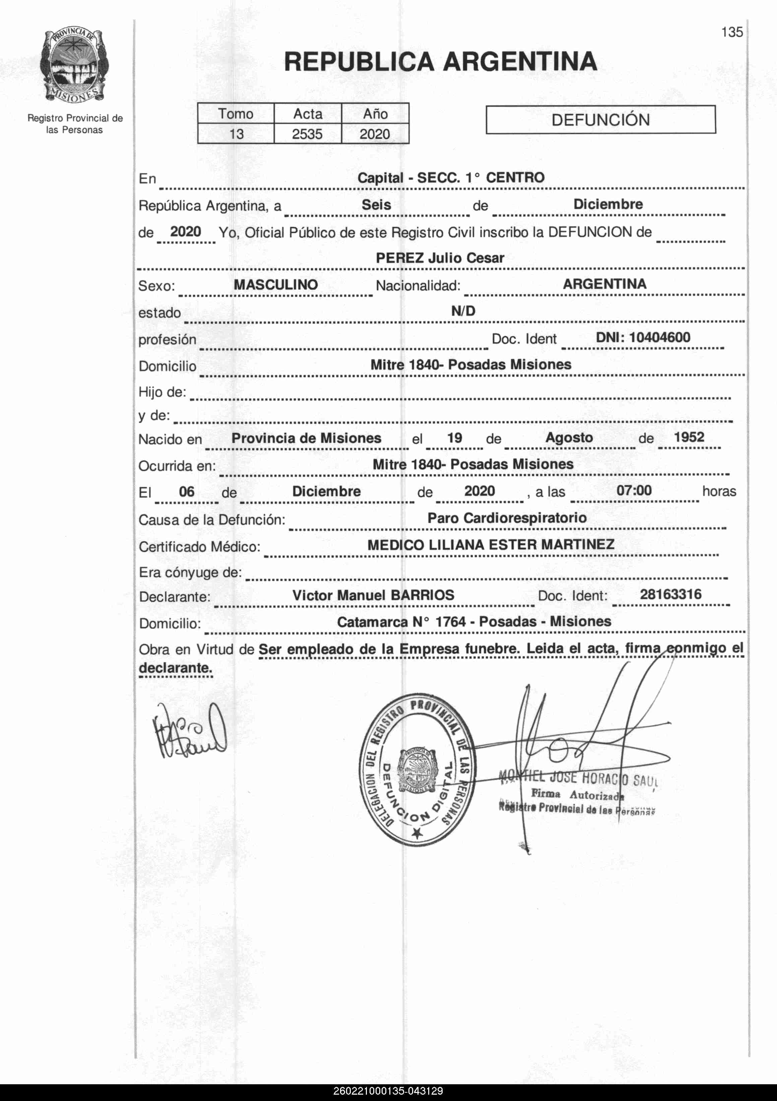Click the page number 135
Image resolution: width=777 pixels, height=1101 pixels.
(x=732, y=32)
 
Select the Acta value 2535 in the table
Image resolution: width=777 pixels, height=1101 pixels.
(x=307, y=134)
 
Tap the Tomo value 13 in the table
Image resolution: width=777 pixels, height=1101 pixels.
(x=236, y=134)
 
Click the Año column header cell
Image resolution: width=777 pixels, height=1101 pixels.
(x=375, y=114)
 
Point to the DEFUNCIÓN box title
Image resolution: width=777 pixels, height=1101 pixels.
(x=600, y=120)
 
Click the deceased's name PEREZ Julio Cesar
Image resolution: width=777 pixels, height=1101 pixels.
(x=440, y=258)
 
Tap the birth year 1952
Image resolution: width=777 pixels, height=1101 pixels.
(x=689, y=437)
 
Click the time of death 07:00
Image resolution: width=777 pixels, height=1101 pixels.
(x=634, y=490)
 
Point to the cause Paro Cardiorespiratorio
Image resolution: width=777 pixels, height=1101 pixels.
(x=507, y=518)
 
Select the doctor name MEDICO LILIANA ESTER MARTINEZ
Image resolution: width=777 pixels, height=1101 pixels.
(x=491, y=545)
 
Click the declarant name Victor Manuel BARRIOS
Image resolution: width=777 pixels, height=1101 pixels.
(x=373, y=595)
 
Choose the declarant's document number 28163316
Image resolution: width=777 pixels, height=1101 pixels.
(x=670, y=595)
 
